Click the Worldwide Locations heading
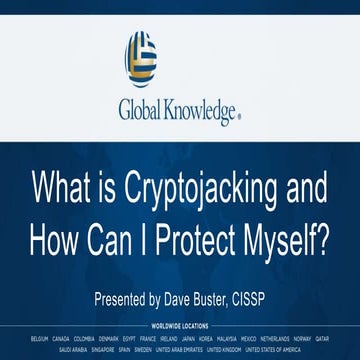click(x=180, y=325)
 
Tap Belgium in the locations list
click(x=40, y=338)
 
